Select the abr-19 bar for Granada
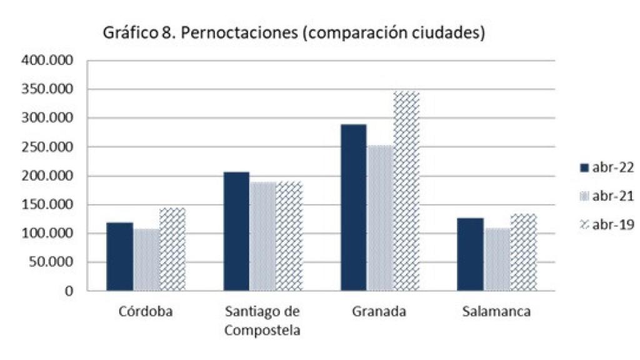pyautogui.click(x=406, y=191)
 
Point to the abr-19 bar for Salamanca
pyautogui.click(x=523, y=252)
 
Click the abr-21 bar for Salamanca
pyautogui.click(x=497, y=259)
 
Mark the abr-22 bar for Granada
pyautogui.click(x=354, y=207)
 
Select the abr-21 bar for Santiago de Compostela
pyautogui.click(x=262, y=236)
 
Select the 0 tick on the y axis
pyautogui.click(x=69, y=291)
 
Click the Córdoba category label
pyautogui.click(x=146, y=312)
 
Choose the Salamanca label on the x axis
pyautogui.click(x=497, y=312)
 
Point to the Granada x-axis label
pyautogui.click(x=379, y=312)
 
